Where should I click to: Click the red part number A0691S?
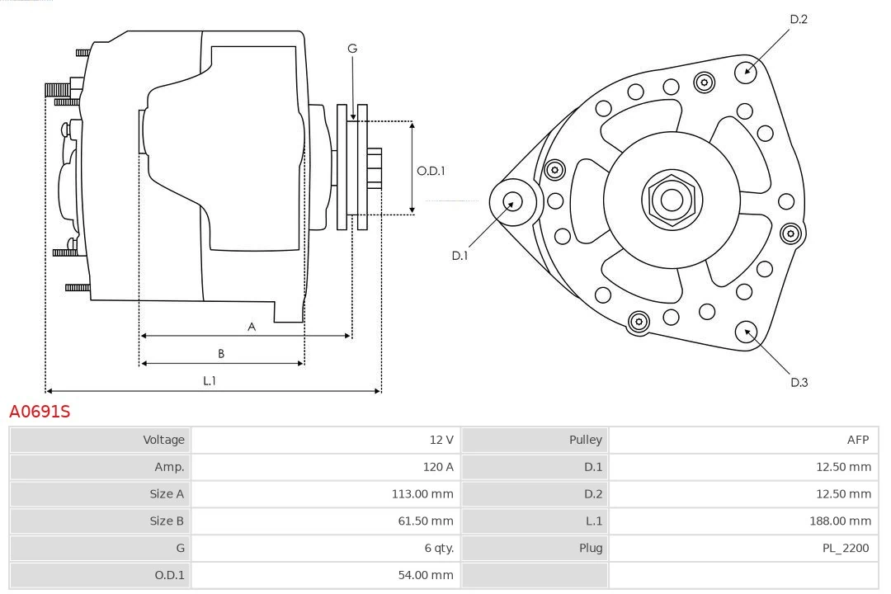click(40, 411)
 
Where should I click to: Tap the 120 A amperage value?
click(438, 467)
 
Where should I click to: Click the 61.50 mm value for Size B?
click(425, 521)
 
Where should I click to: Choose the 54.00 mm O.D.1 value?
click(425, 575)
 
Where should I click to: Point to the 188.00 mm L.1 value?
click(840, 521)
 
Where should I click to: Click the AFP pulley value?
click(856, 440)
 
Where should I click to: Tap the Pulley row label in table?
click(585, 440)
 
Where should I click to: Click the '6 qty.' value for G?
click(438, 548)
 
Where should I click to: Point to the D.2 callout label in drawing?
click(798, 19)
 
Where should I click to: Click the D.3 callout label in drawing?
click(799, 382)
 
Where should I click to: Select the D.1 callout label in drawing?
click(460, 256)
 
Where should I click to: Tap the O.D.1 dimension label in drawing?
click(431, 171)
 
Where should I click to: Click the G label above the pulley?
click(352, 49)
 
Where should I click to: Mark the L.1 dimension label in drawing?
click(210, 380)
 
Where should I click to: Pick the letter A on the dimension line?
click(252, 327)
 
